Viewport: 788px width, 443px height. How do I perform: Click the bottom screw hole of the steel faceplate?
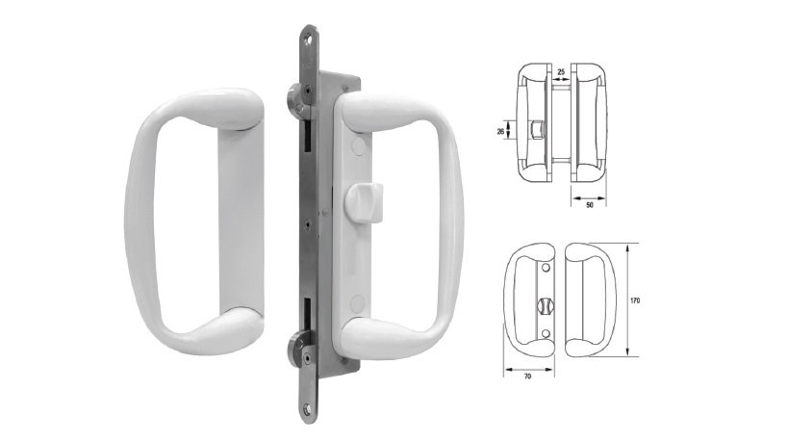308,408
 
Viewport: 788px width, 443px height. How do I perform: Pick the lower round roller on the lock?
296,344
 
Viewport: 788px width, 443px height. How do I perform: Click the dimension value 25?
560,71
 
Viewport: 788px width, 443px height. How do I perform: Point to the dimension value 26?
514,132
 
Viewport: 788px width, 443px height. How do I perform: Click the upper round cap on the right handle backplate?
358,145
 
